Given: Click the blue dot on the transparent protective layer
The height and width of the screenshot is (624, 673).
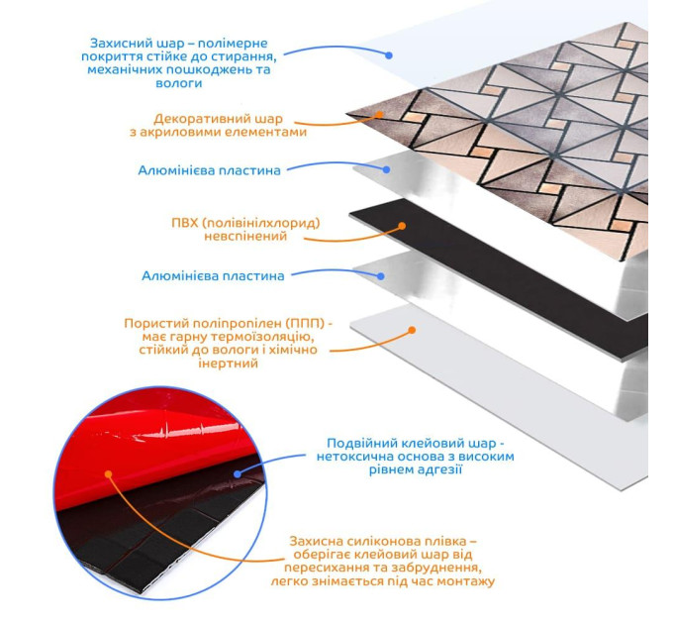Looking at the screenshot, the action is point(389,55).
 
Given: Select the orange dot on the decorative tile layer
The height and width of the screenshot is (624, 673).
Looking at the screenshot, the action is point(379,115).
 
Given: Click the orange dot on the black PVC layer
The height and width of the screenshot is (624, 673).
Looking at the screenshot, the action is point(402,226).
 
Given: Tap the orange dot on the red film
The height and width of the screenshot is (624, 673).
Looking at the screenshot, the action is point(108,474).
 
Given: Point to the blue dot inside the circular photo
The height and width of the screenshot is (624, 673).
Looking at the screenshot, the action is point(238,474).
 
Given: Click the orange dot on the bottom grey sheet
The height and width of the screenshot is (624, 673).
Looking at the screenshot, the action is point(412,330).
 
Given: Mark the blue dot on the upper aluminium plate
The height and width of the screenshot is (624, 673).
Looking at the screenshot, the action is point(386,170).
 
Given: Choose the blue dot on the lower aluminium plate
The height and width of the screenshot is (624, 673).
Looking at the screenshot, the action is point(380,276).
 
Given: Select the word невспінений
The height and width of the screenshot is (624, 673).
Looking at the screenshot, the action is point(245,236).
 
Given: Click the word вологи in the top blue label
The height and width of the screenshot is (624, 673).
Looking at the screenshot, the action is point(179,83).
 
